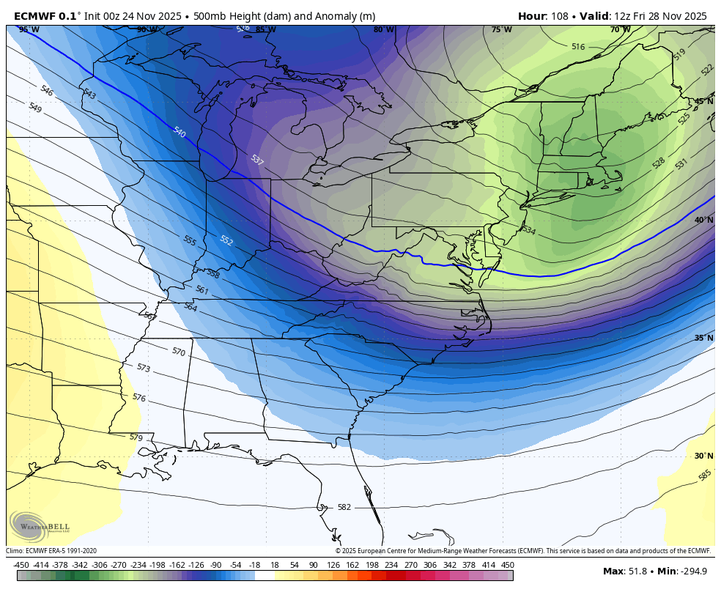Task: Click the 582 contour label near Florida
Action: click(344, 507)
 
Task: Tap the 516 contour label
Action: click(578, 47)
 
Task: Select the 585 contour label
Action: click(705, 475)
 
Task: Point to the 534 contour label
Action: click(529, 230)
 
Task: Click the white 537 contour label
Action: click(256, 160)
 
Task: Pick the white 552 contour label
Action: click(226, 240)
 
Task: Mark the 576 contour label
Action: click(138, 397)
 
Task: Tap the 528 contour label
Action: click(658, 163)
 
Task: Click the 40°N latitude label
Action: click(703, 220)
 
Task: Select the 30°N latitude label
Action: click(703, 456)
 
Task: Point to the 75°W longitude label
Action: click(501, 30)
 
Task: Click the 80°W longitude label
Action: click(383, 30)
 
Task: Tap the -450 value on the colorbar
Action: click(22, 565)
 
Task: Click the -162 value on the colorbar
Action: click(177, 565)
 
